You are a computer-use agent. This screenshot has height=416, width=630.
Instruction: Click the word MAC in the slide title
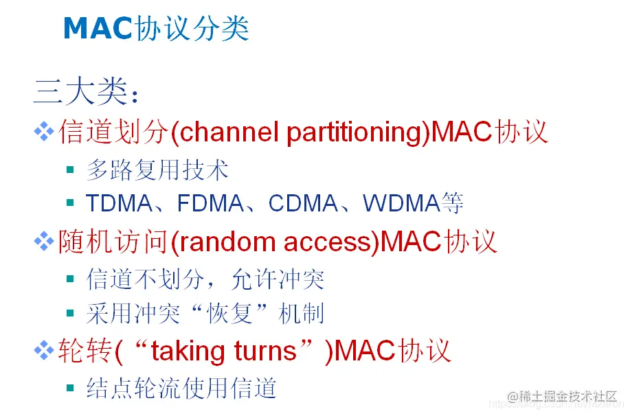point(97,28)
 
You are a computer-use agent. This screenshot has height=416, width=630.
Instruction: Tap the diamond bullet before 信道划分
point(44,131)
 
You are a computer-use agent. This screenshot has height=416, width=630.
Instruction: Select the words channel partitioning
point(298,132)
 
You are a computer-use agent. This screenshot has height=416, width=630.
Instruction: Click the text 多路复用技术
point(157,170)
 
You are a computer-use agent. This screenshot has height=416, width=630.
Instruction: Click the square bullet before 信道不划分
point(70,278)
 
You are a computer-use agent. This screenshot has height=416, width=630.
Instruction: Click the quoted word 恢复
point(226,314)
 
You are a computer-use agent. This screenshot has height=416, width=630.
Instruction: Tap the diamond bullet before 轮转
point(44,350)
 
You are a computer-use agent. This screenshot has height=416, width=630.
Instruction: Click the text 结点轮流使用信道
point(181,389)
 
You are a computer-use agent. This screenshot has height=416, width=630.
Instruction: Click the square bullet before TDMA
point(70,203)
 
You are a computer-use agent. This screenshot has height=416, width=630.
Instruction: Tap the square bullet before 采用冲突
point(70,314)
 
